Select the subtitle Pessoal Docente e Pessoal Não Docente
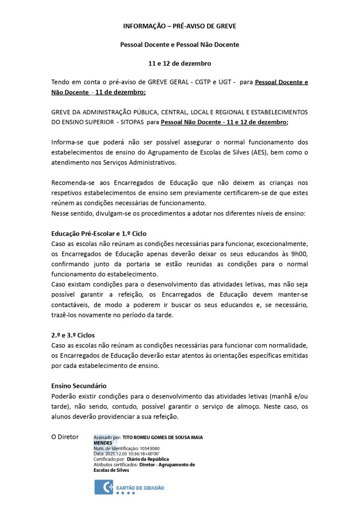point(180,45)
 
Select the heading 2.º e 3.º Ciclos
point(73,335)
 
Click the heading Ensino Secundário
point(79,385)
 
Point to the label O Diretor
point(65,437)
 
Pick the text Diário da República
point(148,459)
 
